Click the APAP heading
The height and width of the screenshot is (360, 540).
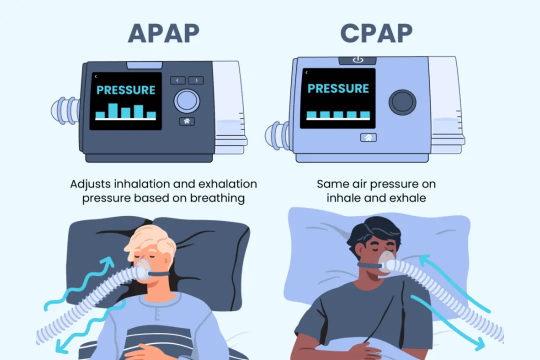[x=163, y=32]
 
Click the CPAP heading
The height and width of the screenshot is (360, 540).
[x=376, y=32]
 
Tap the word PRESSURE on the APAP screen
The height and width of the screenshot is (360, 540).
[x=126, y=90]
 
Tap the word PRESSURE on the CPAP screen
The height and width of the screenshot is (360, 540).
[x=338, y=89]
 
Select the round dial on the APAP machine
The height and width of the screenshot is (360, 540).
[x=186, y=100]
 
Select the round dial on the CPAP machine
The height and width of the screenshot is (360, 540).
[x=402, y=101]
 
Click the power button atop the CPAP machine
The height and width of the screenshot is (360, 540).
[x=357, y=60]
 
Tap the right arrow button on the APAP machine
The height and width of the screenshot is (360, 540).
[x=195, y=80]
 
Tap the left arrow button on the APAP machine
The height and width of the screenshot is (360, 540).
[x=178, y=80]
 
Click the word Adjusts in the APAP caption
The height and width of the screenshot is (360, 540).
[x=91, y=184]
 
